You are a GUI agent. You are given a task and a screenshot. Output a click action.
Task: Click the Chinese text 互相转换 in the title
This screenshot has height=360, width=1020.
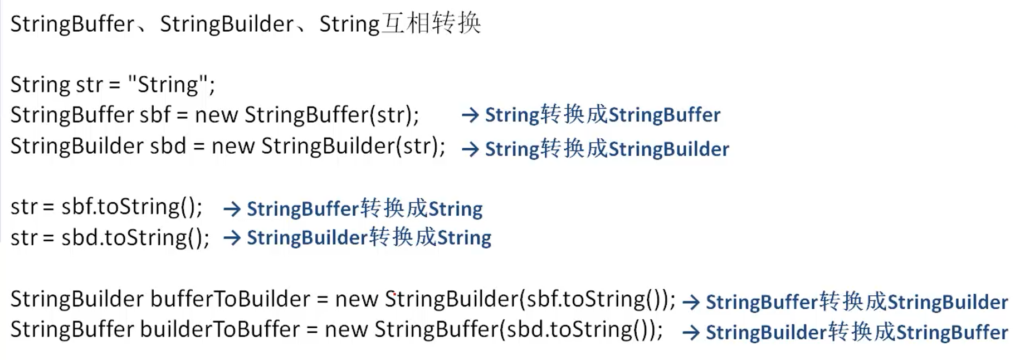431,23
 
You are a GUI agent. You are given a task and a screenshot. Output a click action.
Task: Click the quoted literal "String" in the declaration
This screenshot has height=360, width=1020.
168,84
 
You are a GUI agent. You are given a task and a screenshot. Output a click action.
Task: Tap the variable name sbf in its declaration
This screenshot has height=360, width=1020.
155,115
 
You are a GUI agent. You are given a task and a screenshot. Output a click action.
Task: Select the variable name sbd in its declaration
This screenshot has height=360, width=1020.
168,146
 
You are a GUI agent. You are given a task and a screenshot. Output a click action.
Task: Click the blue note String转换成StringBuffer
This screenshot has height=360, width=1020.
603,115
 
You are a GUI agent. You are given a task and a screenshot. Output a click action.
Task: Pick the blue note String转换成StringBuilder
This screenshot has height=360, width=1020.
607,149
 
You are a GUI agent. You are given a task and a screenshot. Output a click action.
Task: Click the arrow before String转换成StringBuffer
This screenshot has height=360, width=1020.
470,115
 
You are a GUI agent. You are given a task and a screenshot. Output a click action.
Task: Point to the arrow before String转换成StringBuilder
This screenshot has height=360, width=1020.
470,149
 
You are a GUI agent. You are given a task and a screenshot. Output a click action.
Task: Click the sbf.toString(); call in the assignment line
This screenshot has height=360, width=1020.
132,207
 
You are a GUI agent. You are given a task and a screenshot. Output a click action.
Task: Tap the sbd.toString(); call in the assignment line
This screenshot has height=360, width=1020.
135,238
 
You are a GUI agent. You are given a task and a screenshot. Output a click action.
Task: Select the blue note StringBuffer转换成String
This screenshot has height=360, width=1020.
365,208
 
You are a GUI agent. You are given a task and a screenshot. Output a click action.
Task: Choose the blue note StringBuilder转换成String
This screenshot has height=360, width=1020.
369,237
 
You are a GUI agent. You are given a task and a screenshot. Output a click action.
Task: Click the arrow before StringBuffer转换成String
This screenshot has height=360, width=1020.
232,209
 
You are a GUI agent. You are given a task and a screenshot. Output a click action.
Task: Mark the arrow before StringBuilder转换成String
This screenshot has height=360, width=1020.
232,238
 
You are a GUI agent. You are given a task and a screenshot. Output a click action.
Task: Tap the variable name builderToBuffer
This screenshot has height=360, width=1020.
220,329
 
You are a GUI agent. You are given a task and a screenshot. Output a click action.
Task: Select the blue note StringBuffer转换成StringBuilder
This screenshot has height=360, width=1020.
857,301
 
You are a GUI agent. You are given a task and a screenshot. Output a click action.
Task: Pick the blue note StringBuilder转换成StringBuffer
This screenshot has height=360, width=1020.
857,332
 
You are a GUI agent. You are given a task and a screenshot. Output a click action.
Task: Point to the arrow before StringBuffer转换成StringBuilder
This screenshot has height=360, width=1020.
691,302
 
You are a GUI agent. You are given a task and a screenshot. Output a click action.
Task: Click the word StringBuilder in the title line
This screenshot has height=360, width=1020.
227,24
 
